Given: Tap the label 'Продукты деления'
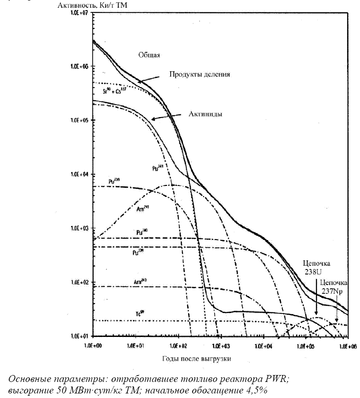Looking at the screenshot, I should pos(199,74).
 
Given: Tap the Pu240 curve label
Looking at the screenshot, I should pos(142,231).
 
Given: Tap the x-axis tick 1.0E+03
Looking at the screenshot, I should pos(221,343).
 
